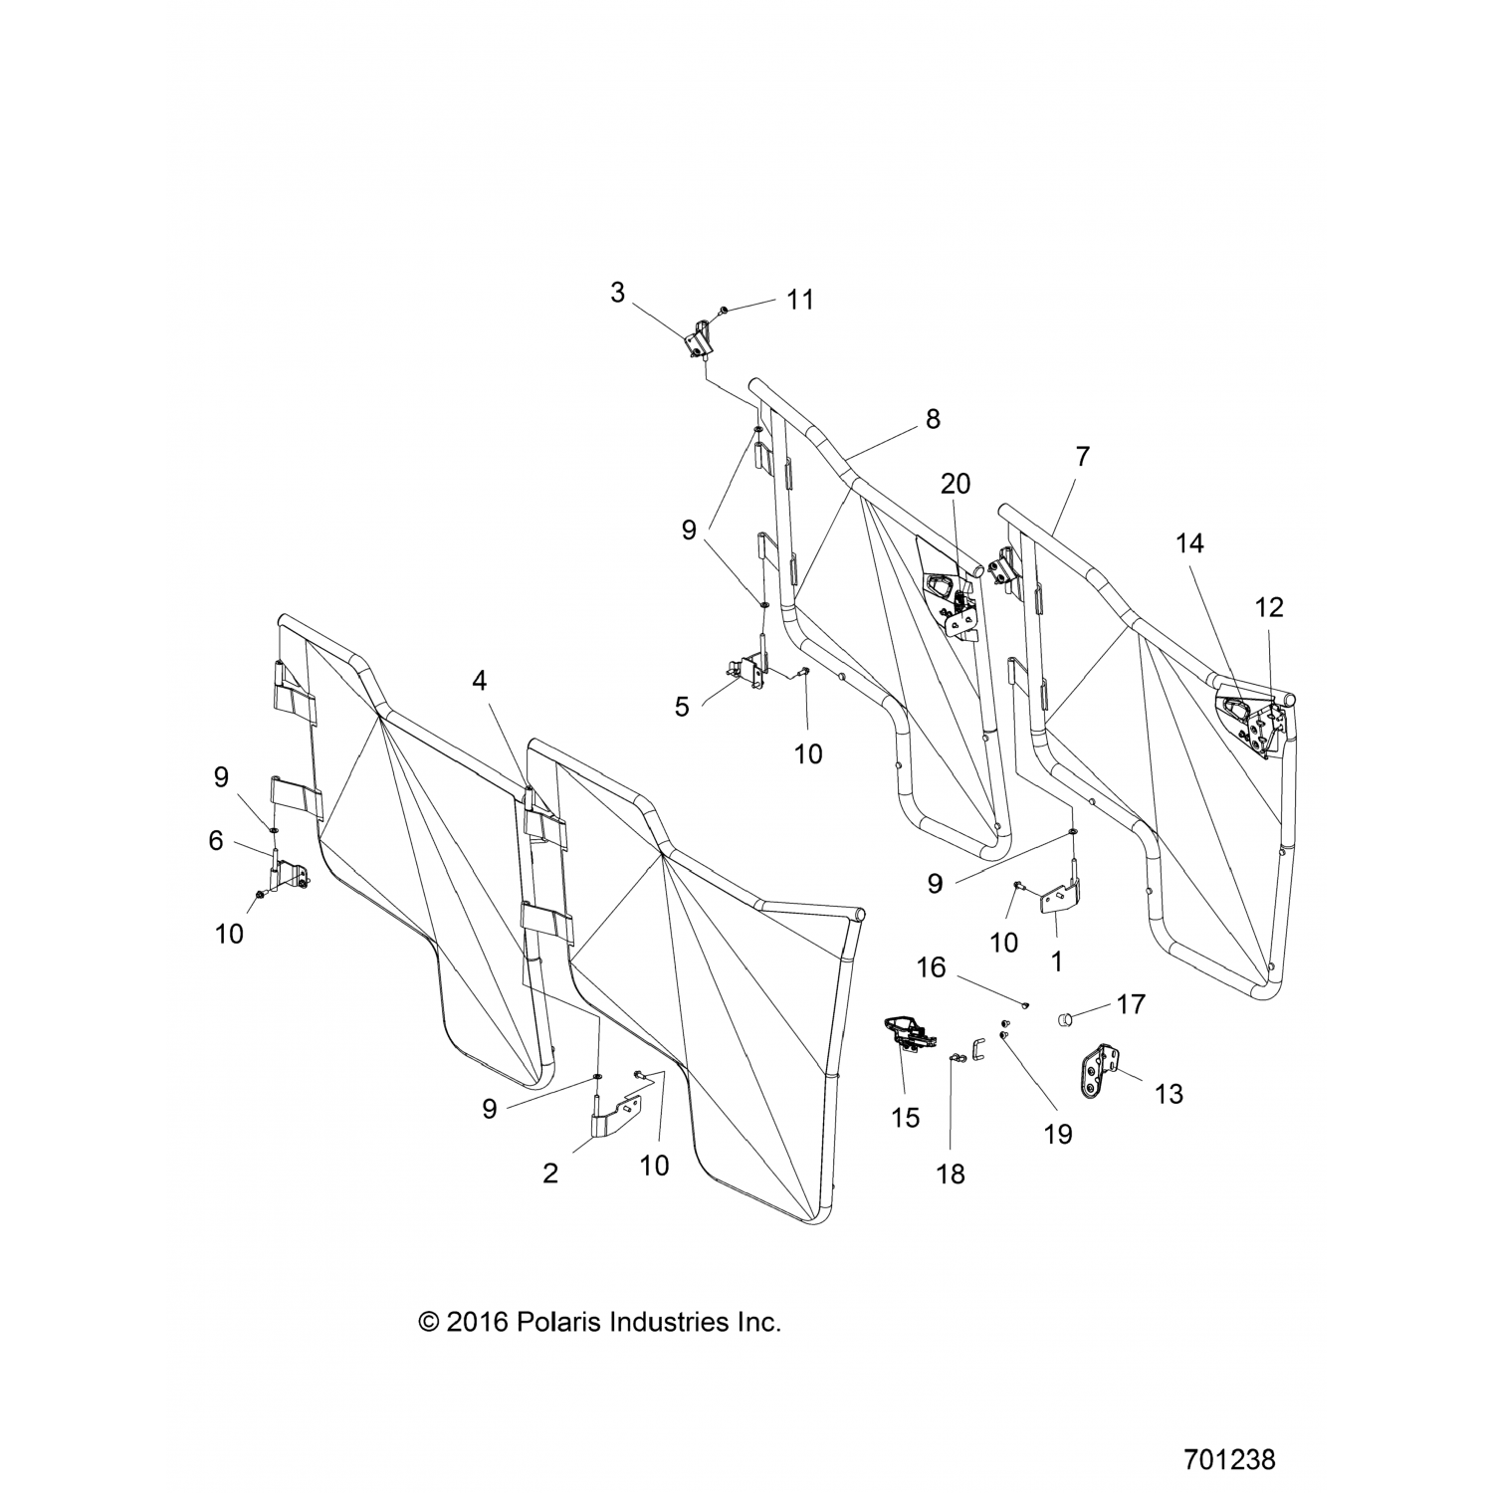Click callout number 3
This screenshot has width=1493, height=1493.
click(617, 293)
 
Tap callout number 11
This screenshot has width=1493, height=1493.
click(800, 300)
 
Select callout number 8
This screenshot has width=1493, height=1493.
click(932, 419)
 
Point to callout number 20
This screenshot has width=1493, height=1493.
click(955, 484)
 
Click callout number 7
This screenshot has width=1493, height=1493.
click(1082, 457)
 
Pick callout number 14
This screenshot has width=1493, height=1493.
click(1189, 543)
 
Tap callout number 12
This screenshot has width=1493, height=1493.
click(1269, 607)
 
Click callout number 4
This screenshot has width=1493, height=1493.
click(480, 682)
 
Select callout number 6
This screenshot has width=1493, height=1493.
click(216, 841)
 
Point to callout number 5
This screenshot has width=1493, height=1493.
click(682, 707)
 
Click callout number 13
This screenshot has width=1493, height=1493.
click(1169, 1094)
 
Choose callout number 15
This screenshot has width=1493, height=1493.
click(905, 1118)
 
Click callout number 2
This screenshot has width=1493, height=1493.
click(550, 1173)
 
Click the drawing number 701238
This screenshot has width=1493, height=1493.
click(1229, 1460)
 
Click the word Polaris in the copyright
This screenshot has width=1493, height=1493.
click(557, 1323)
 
